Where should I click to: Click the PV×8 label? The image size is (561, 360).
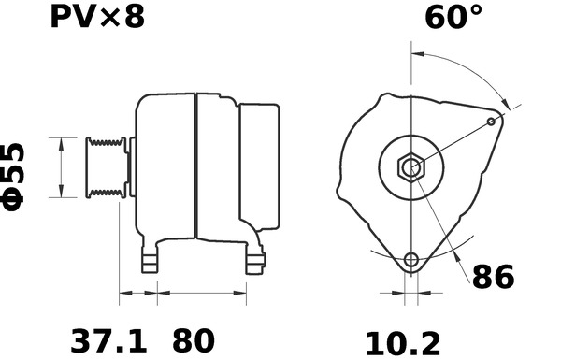(97, 17)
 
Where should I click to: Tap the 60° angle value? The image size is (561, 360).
(454, 18)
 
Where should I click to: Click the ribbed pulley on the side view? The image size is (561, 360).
(105, 168)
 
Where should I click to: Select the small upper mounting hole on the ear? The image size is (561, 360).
(493, 121)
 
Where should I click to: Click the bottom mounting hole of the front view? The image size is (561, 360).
(410, 260)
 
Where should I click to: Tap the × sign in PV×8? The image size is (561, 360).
(110, 19)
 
